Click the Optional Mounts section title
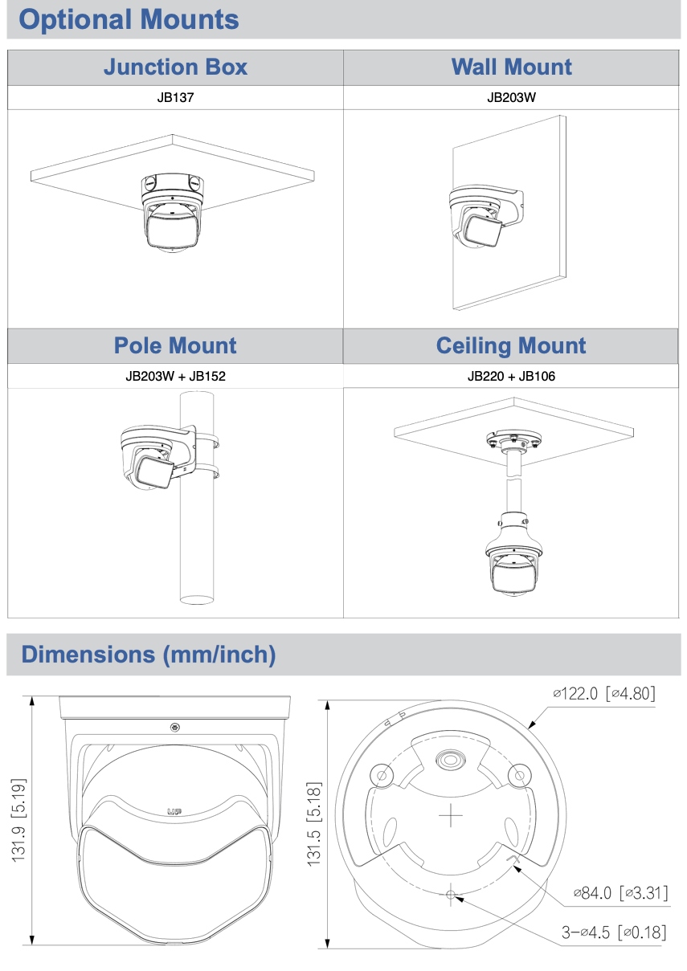(129, 20)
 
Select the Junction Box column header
(175, 67)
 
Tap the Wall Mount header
(511, 67)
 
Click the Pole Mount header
(175, 346)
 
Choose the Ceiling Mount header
(511, 346)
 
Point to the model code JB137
(175, 98)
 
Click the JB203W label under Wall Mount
(511, 98)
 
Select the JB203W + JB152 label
(175, 376)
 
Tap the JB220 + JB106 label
(511, 376)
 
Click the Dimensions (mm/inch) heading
(149, 655)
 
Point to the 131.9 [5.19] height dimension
(19, 820)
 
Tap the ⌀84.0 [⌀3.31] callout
(619, 893)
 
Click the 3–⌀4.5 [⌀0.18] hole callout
(613, 932)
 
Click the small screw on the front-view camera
(175, 728)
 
